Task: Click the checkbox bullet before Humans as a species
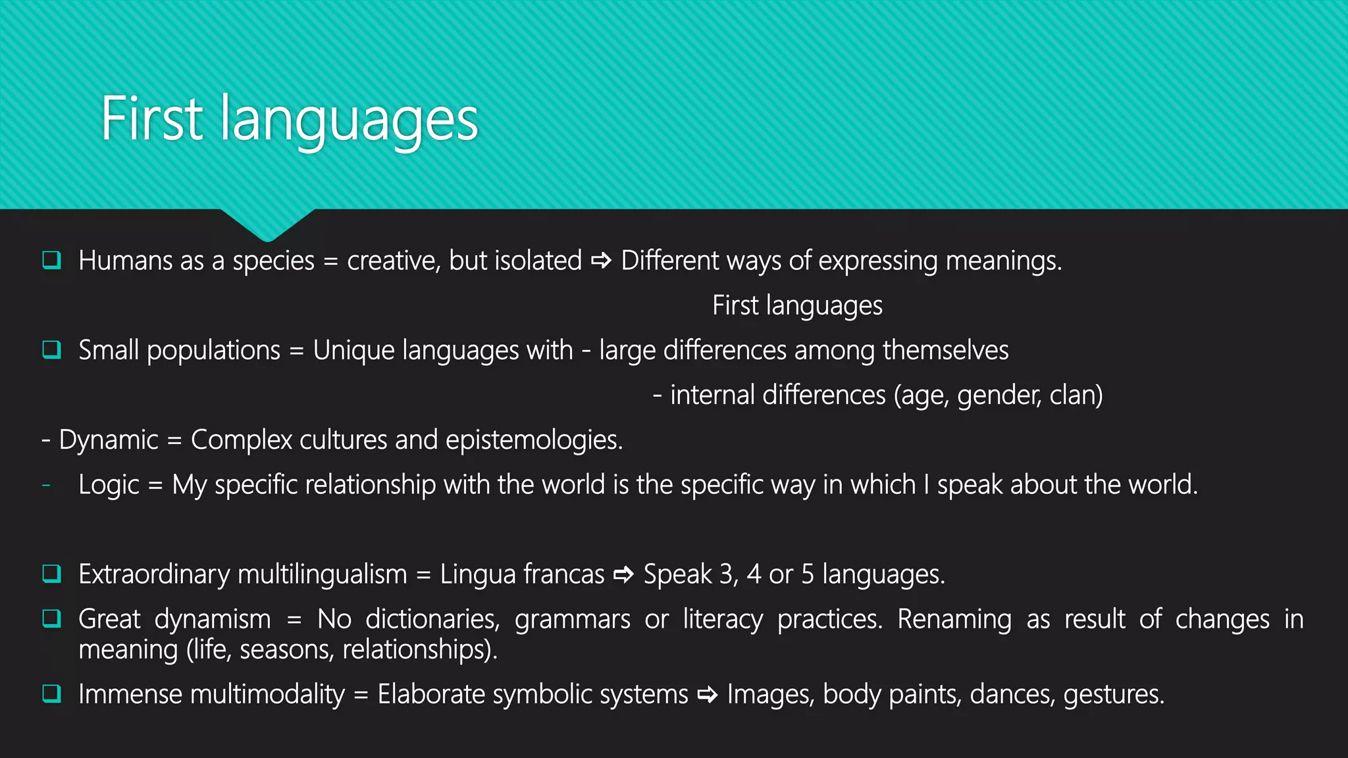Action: tap(51, 261)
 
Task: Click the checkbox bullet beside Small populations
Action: tap(51, 349)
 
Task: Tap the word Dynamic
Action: tap(109, 440)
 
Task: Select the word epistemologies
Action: tap(533, 440)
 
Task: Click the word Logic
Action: tap(109, 485)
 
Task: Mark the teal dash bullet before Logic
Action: tap(46, 486)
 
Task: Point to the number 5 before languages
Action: tap(808, 574)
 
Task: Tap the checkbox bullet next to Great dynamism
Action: tap(51, 619)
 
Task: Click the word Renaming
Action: tap(954, 619)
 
